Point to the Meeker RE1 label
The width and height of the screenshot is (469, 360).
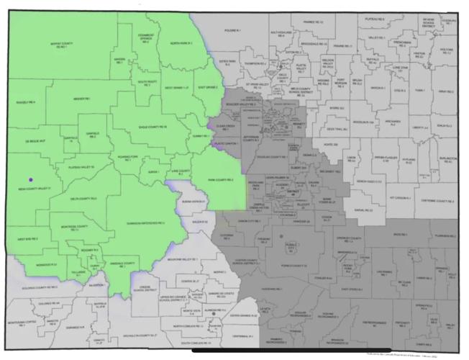point(81,99)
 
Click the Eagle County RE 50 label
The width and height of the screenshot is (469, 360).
point(153,127)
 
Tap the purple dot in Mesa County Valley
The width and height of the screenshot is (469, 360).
point(30,179)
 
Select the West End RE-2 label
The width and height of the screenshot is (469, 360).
point(27,238)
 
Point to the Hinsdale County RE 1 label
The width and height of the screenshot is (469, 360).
point(127,264)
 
